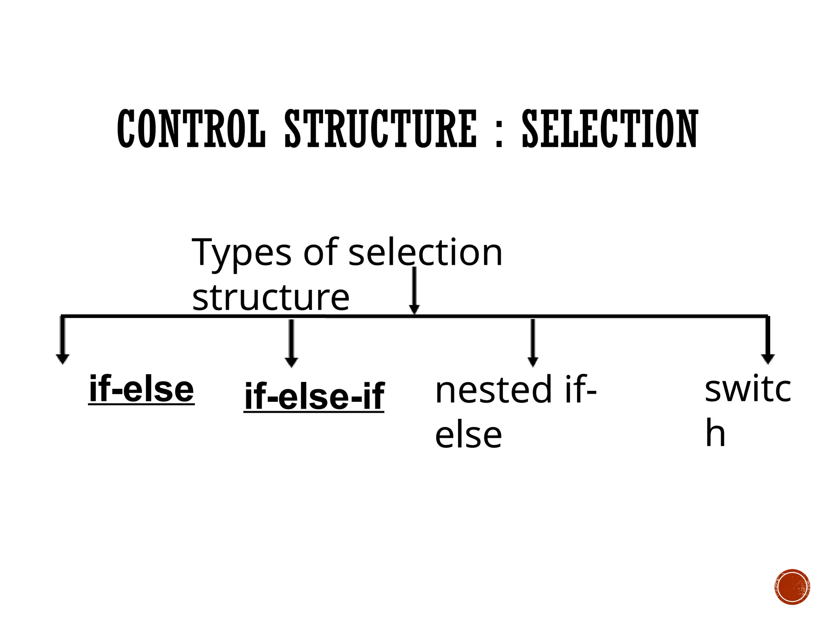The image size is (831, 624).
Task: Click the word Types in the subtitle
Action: pyautogui.click(x=241, y=253)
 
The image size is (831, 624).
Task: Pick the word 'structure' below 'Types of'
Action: pyautogui.click(x=271, y=298)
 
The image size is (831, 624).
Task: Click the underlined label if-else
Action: pyautogui.click(x=141, y=389)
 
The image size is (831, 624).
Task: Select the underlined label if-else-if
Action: pyautogui.click(x=314, y=396)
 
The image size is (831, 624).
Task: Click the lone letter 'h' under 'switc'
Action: pyautogui.click(x=715, y=433)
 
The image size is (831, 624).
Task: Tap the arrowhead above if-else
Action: pyautogui.click(x=62, y=359)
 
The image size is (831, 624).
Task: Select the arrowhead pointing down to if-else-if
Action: pyautogui.click(x=291, y=362)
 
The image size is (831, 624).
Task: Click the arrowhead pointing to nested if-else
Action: pyautogui.click(x=533, y=362)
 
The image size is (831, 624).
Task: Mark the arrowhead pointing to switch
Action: pyautogui.click(x=768, y=359)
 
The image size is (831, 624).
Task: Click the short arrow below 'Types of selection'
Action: pyautogui.click(x=414, y=290)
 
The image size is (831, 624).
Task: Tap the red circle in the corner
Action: pyautogui.click(x=792, y=587)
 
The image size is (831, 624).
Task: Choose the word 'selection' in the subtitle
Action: pyautogui.click(x=425, y=253)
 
